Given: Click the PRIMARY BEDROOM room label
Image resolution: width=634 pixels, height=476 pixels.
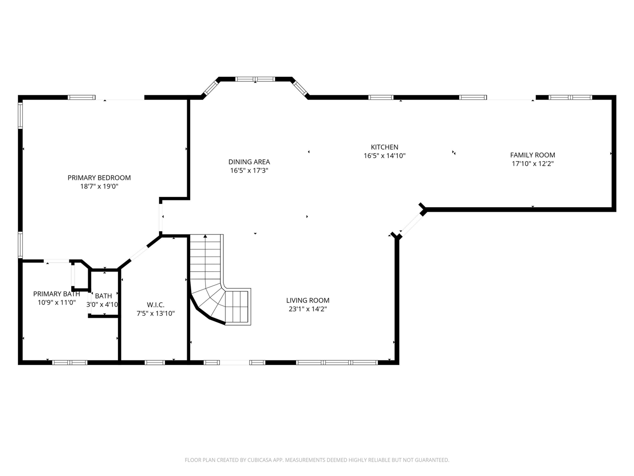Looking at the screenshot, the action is (x=99, y=178).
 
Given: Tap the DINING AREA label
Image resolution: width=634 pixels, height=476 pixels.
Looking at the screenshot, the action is (x=249, y=162).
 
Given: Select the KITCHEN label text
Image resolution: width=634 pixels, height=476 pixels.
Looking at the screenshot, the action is (x=384, y=147).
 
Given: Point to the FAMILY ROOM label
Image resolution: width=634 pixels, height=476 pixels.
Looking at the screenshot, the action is (x=532, y=155).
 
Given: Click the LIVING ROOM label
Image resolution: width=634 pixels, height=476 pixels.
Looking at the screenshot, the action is (x=308, y=300).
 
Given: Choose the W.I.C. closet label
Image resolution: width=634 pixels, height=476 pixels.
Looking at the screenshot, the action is (x=156, y=305).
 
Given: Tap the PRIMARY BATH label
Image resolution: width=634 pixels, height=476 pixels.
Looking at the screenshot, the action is (x=56, y=294).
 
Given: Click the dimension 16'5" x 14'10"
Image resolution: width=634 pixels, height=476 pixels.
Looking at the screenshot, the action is (x=384, y=156).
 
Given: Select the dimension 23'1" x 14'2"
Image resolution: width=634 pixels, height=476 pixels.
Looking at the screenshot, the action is (x=308, y=309).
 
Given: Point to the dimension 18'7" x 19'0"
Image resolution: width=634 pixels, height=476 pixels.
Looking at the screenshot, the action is (x=99, y=186).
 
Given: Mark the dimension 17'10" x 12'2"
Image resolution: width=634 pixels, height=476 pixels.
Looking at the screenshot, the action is (x=532, y=164).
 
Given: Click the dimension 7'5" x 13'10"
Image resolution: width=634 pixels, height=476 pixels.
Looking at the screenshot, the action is (x=156, y=313).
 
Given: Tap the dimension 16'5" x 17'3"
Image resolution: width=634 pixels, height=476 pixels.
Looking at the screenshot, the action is (x=249, y=171).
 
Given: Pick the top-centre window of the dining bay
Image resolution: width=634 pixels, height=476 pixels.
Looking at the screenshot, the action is (x=255, y=79).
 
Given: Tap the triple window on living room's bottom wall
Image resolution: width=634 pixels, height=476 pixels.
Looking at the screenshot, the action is (x=337, y=362).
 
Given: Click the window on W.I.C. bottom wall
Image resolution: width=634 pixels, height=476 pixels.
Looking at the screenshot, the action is (x=155, y=362).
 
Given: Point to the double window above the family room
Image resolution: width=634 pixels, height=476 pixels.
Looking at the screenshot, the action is (x=570, y=97).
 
